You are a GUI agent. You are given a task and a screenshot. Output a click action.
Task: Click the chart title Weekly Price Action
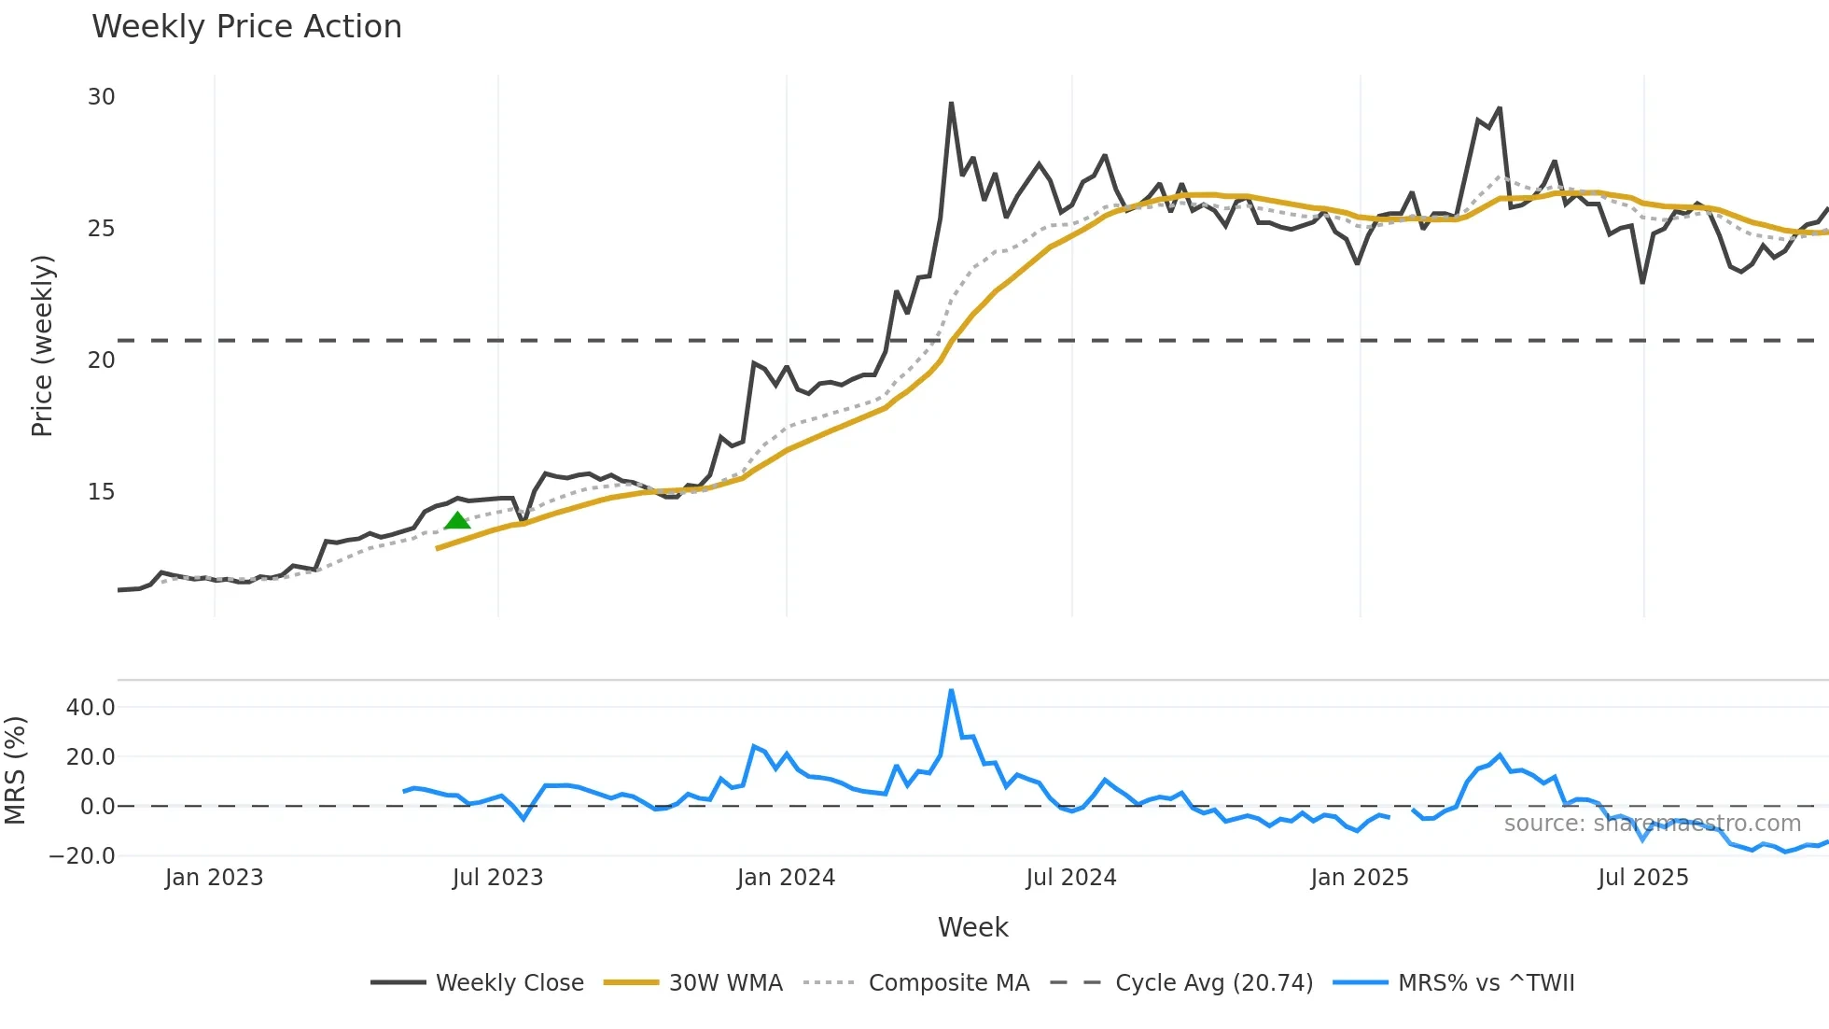pos(246,27)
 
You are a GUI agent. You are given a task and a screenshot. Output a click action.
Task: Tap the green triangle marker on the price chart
pos(457,521)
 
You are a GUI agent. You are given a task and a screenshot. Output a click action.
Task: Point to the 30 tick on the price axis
pos(102,97)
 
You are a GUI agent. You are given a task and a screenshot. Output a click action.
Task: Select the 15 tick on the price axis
pos(102,492)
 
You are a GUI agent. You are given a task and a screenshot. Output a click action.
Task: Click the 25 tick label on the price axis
pos(102,229)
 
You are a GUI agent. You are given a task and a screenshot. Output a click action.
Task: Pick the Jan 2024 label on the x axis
pos(786,878)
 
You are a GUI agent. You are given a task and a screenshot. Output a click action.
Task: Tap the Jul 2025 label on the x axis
pos(1643,878)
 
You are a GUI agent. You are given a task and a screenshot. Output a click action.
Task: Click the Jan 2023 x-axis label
pos(215,878)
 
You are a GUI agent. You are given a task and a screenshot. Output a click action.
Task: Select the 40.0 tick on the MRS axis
pos(91,708)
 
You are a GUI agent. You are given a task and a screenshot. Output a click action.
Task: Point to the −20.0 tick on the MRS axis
pos(83,855)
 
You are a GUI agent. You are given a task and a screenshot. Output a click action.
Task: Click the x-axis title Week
pos(972,927)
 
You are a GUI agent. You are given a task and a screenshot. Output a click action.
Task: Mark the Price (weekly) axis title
pos(42,345)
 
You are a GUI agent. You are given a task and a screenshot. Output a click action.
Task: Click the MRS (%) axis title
pos(15,770)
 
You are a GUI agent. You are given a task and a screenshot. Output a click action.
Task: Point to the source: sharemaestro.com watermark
pos(1652,824)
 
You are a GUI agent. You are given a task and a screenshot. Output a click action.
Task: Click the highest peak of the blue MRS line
pos(951,691)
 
